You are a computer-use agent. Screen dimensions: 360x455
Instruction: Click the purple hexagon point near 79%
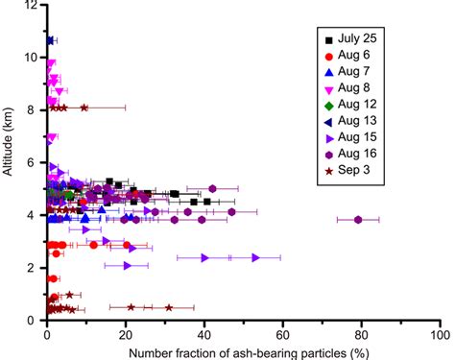coord(358,220)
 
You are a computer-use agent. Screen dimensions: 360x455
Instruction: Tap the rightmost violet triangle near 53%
coord(255,257)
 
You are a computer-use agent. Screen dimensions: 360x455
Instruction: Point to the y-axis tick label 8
coord(34,110)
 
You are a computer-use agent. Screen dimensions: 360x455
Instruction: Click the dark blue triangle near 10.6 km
coord(50,41)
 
